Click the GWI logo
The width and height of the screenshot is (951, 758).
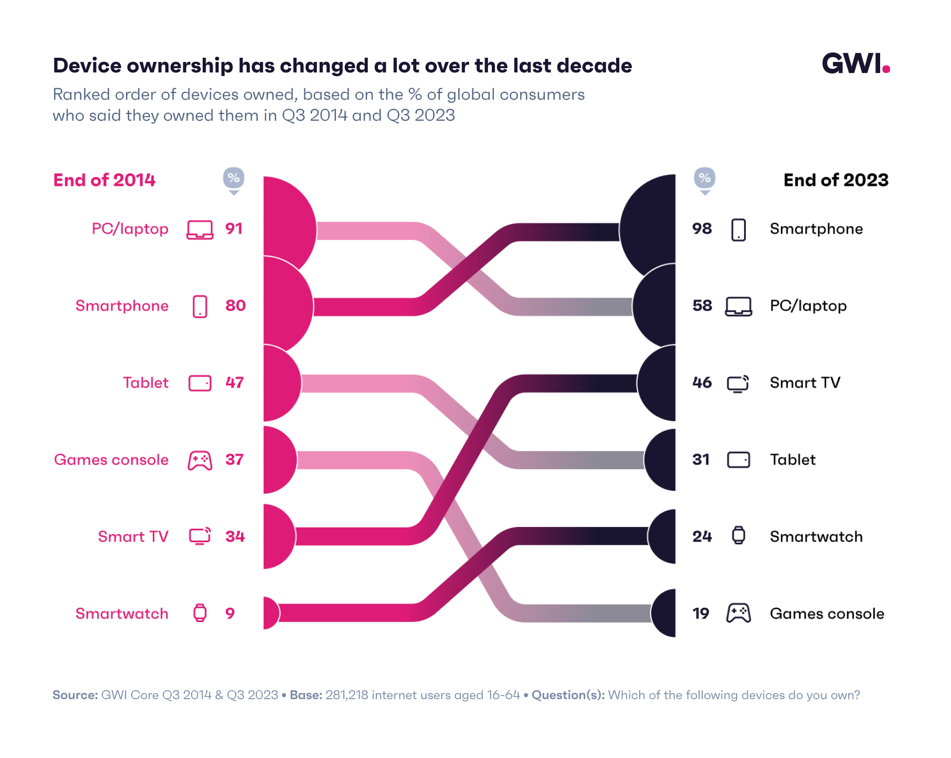[x=855, y=64]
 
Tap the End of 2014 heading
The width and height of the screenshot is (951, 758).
[x=104, y=180]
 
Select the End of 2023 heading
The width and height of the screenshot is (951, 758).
[x=836, y=180]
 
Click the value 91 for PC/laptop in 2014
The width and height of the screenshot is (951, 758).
[x=234, y=229]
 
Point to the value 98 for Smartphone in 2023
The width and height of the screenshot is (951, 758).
[x=702, y=229]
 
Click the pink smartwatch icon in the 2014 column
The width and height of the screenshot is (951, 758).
[x=200, y=613]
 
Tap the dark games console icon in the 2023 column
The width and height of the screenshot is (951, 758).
[x=738, y=613]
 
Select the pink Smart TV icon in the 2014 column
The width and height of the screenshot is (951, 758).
[x=200, y=536]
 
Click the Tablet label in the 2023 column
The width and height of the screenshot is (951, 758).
[x=792, y=460]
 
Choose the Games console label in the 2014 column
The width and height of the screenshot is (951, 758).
[x=111, y=460]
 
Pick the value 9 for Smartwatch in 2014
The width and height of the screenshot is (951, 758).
[x=230, y=613]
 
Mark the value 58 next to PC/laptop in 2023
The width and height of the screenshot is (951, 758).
[x=702, y=306]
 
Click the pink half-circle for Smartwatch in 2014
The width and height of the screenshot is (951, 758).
[x=271, y=613]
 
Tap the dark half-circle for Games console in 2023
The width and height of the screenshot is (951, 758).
[x=664, y=613]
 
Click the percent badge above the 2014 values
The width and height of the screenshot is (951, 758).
[x=234, y=179]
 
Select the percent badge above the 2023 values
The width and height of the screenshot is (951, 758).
[x=704, y=179]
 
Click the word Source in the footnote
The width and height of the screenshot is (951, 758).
[x=75, y=695]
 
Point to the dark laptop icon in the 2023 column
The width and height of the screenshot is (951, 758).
[x=738, y=306]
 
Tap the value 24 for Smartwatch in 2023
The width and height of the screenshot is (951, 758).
[x=702, y=536]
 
